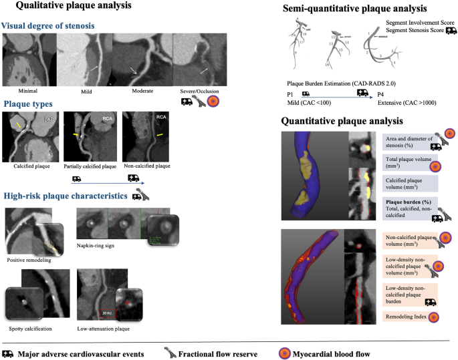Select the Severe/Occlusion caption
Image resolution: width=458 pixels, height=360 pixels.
(x=199, y=91)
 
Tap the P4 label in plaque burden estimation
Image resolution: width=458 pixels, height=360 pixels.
(x=380, y=94)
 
